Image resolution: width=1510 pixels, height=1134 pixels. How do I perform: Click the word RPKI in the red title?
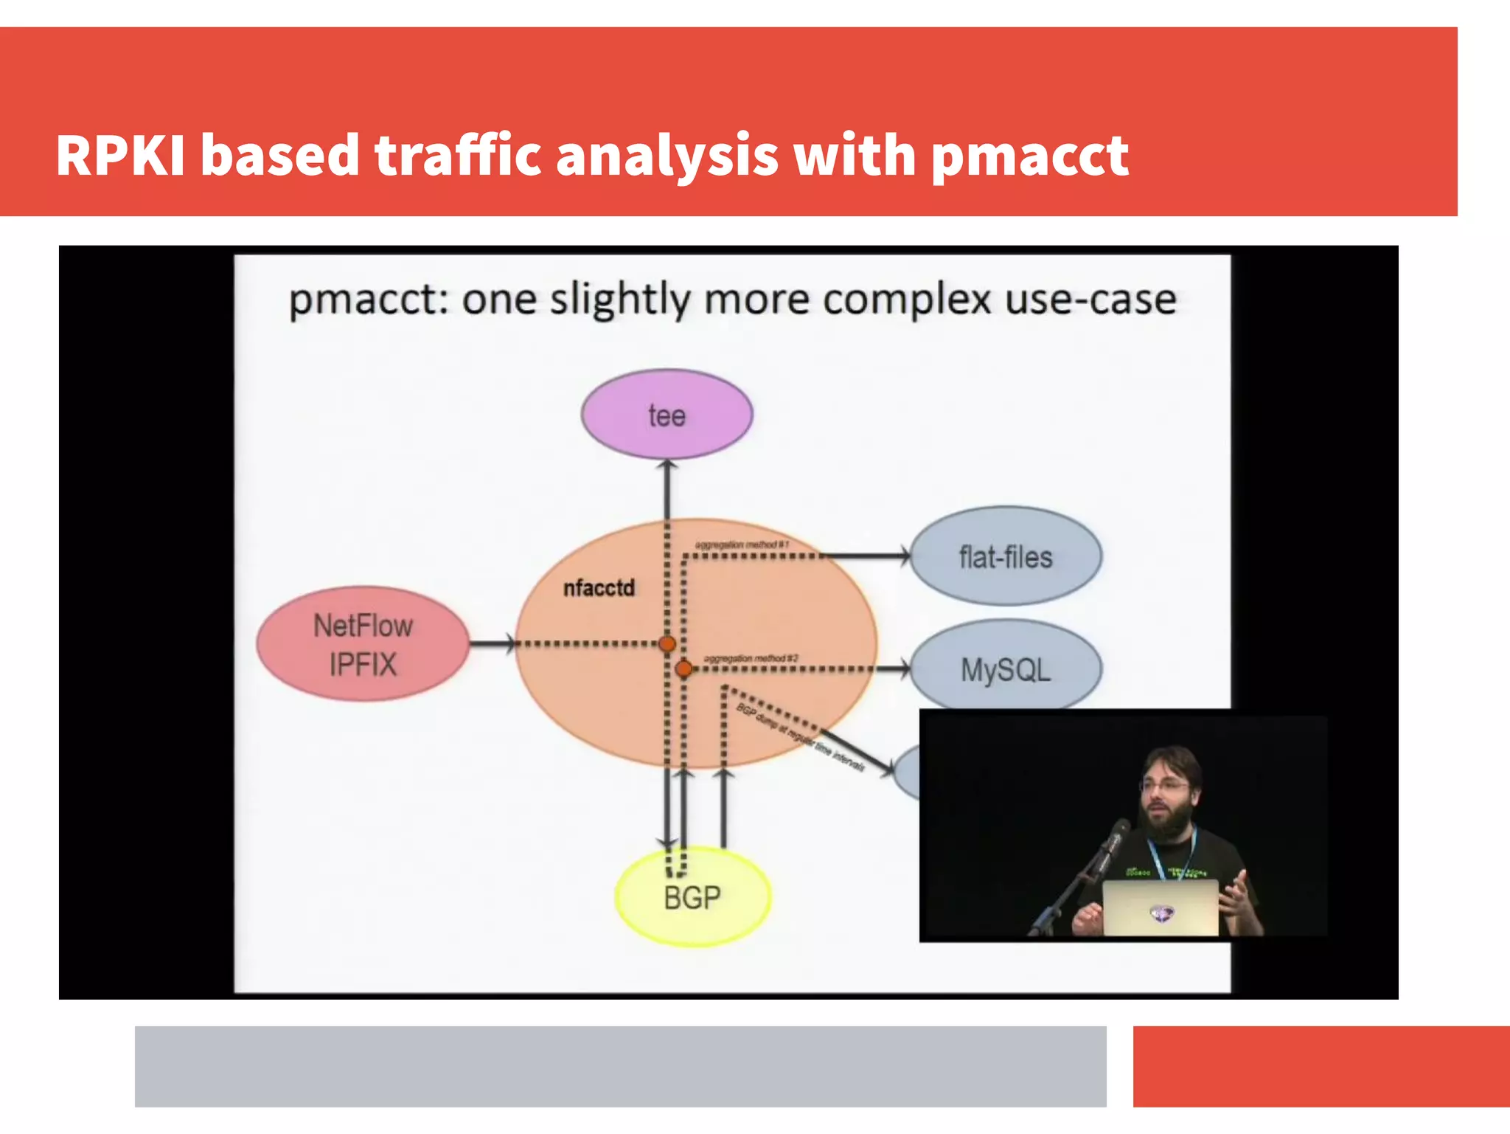(119, 156)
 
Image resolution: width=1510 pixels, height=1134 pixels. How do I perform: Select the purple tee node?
(667, 415)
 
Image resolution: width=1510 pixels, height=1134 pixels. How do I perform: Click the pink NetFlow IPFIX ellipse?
(363, 644)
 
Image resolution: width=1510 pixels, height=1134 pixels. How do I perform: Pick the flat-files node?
(1006, 557)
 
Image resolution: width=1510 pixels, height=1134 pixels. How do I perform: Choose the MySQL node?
(1006, 669)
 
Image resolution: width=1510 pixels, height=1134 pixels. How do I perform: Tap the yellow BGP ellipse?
(692, 897)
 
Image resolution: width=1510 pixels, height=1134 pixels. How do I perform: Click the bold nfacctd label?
(599, 588)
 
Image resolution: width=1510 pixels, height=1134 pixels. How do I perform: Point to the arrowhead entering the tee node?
(667, 466)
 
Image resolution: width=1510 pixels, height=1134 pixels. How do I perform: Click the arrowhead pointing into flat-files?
(904, 556)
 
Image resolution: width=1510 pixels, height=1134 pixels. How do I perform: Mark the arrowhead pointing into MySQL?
(904, 669)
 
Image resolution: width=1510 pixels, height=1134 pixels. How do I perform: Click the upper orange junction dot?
(667, 644)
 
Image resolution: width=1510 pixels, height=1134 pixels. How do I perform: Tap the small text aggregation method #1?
(742, 544)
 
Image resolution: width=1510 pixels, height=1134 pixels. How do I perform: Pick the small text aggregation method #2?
(751, 658)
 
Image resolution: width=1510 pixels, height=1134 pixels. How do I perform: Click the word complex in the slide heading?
(907, 300)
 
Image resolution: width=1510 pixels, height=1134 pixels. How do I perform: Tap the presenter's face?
(1167, 792)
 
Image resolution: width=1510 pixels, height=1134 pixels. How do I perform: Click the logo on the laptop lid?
(1161, 915)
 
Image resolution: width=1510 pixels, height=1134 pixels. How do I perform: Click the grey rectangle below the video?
(620, 1066)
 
